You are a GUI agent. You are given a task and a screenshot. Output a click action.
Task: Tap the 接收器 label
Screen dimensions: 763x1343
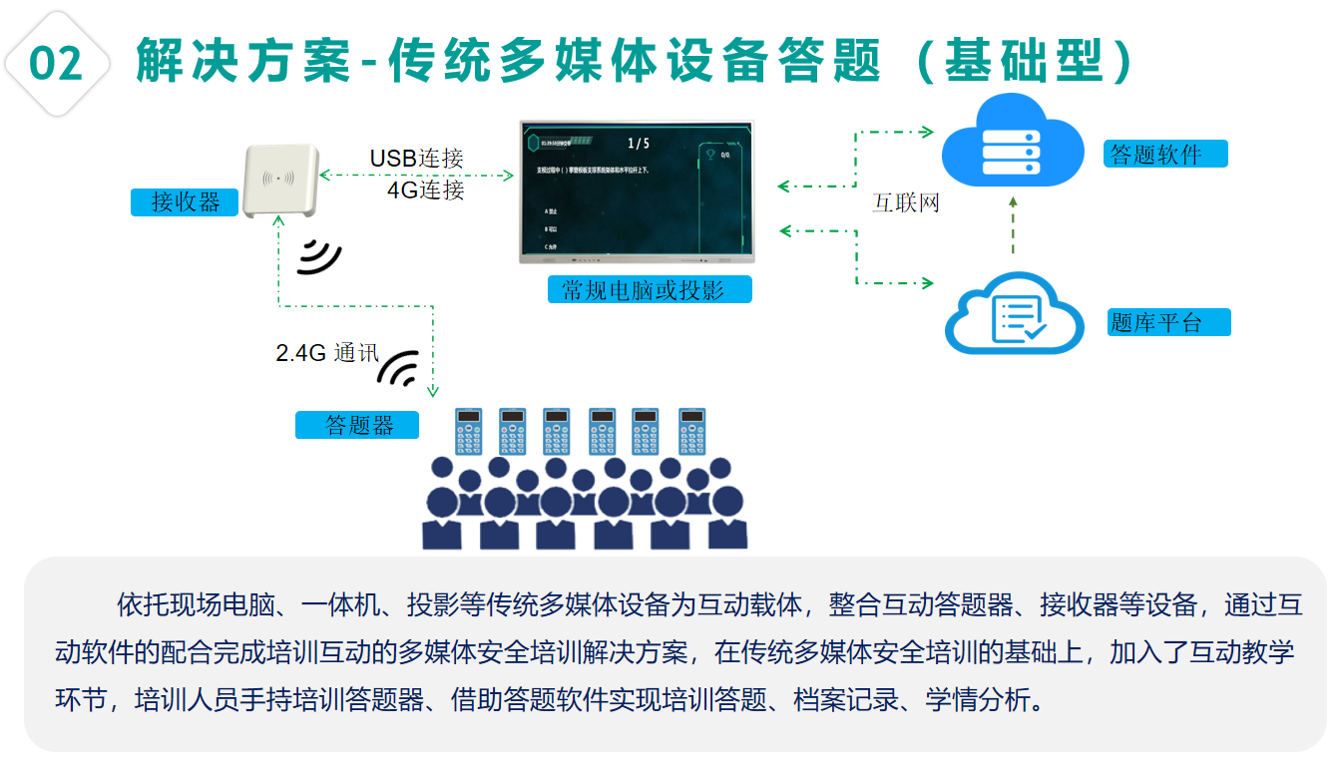(185, 202)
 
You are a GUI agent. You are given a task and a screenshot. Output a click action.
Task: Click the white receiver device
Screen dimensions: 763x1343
(279, 182)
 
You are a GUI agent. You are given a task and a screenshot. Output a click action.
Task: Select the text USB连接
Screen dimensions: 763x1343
(416, 159)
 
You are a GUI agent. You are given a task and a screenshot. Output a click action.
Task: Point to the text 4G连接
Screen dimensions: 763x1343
(425, 190)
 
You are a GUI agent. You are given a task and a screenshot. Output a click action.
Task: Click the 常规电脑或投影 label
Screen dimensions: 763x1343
(650, 290)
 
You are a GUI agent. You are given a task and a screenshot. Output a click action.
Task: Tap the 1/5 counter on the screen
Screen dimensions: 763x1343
(638, 144)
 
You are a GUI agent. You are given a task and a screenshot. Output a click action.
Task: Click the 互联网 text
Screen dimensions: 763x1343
(906, 204)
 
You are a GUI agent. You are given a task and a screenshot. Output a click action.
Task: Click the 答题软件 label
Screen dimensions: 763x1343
(1165, 155)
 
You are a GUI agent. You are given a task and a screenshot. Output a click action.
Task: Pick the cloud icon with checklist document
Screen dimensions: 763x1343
(1015, 314)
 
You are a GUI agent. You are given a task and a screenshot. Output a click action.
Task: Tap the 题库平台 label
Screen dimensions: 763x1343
(1167, 323)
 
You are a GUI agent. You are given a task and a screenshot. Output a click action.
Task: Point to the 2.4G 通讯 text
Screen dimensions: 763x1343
(327, 353)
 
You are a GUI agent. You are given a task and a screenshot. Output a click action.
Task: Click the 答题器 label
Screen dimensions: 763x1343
(357, 426)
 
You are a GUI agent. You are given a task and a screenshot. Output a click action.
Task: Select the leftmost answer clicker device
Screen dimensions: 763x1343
(468, 431)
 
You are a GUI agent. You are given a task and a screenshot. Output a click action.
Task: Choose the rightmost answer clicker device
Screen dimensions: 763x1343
(692, 431)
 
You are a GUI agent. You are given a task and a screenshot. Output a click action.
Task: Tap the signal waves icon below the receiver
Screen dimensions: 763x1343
(319, 255)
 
